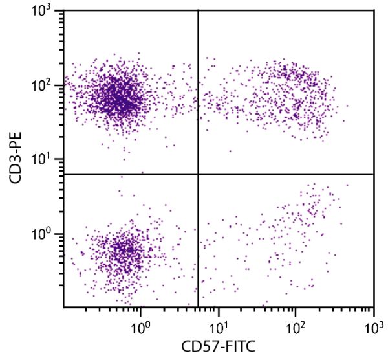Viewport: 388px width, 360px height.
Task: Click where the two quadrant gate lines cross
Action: [197, 174]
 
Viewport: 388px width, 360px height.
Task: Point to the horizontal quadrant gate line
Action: [285, 174]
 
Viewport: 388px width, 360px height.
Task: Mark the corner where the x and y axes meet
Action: [63, 306]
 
